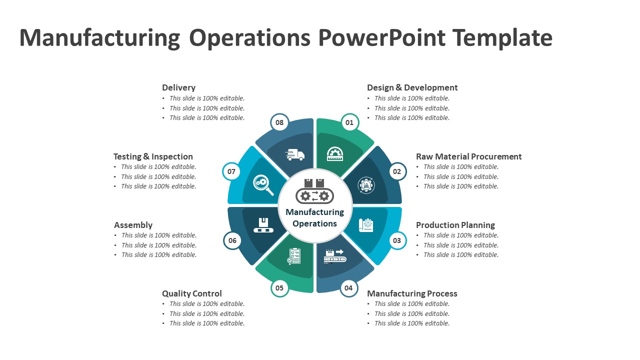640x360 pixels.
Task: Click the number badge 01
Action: point(349,122)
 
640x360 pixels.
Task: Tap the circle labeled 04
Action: point(348,287)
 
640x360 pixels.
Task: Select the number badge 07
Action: point(231,171)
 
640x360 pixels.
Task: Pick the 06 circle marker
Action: point(232,240)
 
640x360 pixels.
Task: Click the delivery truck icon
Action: point(295,155)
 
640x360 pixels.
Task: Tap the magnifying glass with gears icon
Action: point(263,184)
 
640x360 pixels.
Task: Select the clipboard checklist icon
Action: point(294,256)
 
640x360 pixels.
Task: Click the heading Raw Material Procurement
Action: point(468,156)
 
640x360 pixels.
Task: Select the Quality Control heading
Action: point(191,293)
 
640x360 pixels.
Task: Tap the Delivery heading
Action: point(178,87)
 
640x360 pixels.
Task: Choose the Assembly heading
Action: point(133,225)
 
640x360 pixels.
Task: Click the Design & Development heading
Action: point(412,87)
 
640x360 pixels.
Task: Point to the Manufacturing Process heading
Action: point(412,293)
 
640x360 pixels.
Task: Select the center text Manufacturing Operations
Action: point(315,218)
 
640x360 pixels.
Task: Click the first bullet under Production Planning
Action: point(460,235)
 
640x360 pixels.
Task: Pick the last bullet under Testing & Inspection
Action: point(158,186)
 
